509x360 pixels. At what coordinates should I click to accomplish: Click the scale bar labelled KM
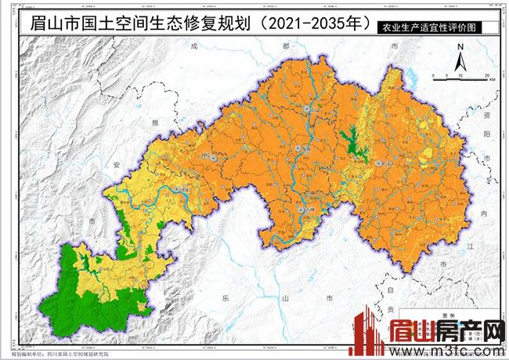click(x=462, y=75)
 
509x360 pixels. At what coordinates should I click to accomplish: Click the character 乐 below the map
click(x=222, y=298)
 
